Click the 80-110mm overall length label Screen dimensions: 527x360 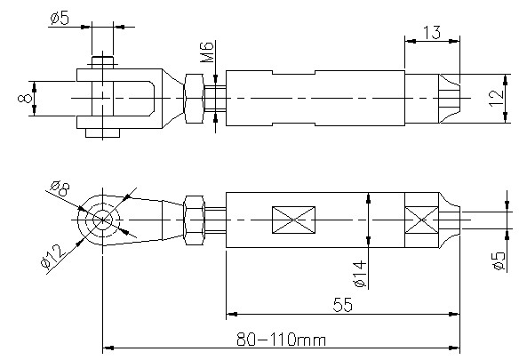(282, 340)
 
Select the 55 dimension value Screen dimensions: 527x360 (343, 305)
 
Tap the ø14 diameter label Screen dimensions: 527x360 (360, 274)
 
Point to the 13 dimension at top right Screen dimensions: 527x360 (432, 33)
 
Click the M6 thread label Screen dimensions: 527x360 (207, 52)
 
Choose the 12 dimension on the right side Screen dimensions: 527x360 (497, 98)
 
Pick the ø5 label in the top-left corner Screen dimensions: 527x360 (60, 18)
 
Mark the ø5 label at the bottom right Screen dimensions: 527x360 (499, 260)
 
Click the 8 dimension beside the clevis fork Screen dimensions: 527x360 (25, 98)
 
